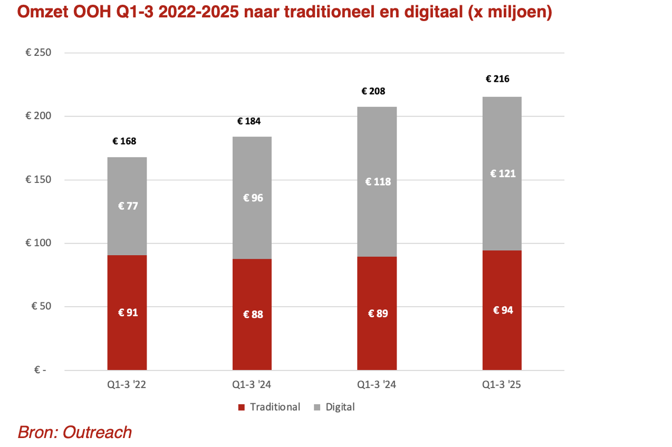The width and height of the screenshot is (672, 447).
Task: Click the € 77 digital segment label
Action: (x=128, y=206)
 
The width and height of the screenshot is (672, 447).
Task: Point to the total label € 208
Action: (x=373, y=91)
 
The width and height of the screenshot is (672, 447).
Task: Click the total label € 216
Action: (x=497, y=79)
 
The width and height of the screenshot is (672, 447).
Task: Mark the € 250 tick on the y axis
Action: (x=38, y=53)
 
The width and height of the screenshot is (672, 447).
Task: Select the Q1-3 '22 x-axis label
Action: (x=127, y=385)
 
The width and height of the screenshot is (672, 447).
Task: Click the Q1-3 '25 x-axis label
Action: (x=502, y=385)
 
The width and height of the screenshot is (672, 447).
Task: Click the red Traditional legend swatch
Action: (x=242, y=407)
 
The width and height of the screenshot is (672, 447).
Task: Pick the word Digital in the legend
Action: (x=340, y=407)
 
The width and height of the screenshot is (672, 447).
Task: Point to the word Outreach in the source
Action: (x=97, y=433)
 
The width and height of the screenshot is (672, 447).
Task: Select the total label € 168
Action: (x=124, y=141)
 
